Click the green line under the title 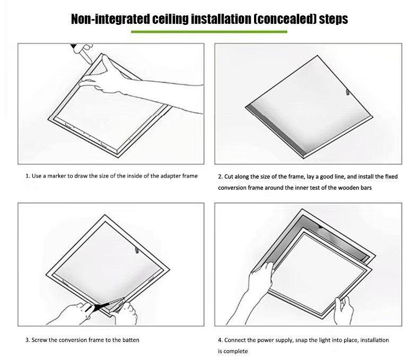tap(209, 32)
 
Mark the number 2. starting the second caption tap(220, 177)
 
